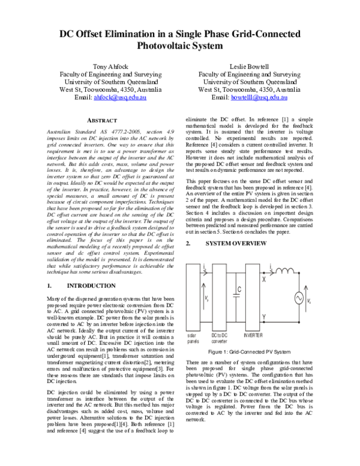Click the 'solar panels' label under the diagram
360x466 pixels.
pos(194,337)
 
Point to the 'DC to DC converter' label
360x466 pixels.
pos(220,337)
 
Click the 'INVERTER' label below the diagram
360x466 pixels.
pos(253,334)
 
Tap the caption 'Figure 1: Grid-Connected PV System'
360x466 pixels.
pos(248,351)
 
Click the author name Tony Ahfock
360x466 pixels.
pos(108,65)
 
